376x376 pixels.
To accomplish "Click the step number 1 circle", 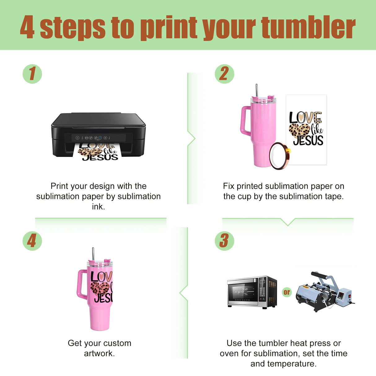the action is (x=32, y=74).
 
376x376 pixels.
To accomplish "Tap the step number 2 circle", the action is (x=224, y=74).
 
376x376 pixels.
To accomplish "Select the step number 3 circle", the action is (x=224, y=241).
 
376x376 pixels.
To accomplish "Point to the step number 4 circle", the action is (x=32, y=241).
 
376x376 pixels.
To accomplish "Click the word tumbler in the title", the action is (x=308, y=28).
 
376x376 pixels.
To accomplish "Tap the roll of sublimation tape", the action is (x=280, y=156).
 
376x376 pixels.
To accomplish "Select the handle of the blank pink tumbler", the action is (x=245, y=121).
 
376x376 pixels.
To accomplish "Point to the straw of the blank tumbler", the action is (x=257, y=91).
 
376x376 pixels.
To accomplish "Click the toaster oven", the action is (x=252, y=292).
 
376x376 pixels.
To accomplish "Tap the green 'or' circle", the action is (x=286, y=292).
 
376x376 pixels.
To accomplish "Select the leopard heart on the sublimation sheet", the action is (x=299, y=131).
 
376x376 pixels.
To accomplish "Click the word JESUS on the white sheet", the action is (x=308, y=140).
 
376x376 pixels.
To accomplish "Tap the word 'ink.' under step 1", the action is (x=98, y=207).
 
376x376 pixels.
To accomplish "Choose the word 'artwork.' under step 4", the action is (x=99, y=353).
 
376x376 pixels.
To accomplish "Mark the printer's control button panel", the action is (x=93, y=138).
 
